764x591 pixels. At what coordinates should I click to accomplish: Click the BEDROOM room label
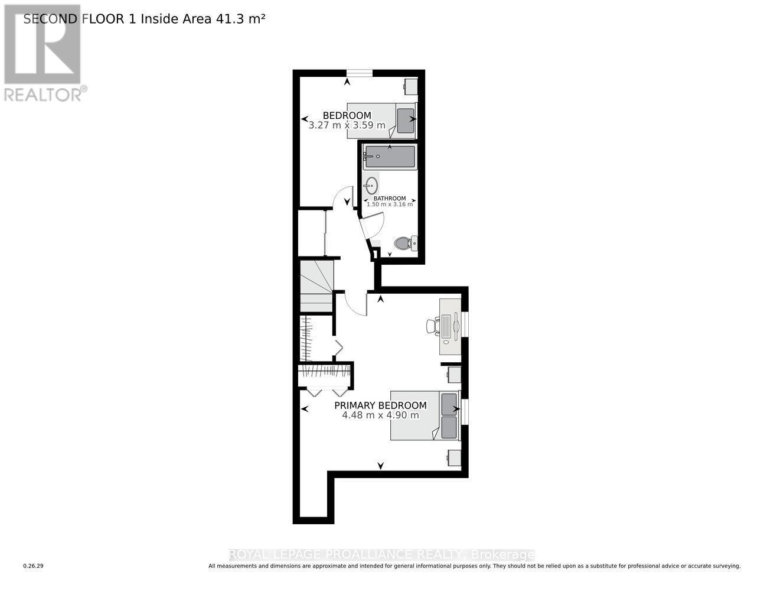coord(347,115)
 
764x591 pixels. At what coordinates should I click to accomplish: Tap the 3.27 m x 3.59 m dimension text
coord(347,125)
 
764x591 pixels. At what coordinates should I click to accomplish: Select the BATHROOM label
coord(390,199)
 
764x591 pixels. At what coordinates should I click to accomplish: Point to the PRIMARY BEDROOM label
coord(380,405)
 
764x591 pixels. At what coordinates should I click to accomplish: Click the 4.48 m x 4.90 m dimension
coord(380,415)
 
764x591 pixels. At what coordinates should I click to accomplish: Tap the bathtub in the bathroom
coord(390,157)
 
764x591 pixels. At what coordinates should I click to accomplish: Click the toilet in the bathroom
coord(406,243)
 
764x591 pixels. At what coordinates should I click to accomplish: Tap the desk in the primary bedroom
coord(449,326)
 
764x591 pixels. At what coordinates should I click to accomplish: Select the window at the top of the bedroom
coord(359,73)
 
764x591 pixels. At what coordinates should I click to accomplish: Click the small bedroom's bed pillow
coord(406,121)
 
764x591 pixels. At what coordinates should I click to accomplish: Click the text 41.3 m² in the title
coord(241,19)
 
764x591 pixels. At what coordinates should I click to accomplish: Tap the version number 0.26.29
coord(33,566)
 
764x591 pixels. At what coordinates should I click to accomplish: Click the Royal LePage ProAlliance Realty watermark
coord(381,554)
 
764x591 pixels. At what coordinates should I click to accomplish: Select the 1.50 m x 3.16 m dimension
coord(390,204)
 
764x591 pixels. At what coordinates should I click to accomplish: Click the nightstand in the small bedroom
coord(410,87)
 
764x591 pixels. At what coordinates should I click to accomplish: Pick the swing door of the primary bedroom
coord(355,303)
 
